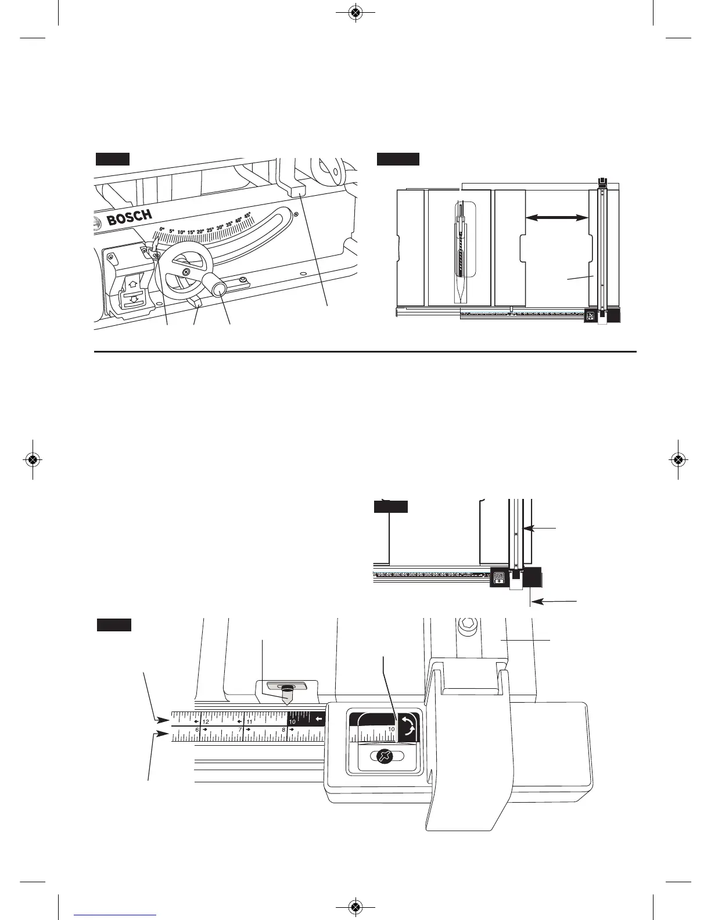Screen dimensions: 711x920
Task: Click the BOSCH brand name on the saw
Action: [x=130, y=218]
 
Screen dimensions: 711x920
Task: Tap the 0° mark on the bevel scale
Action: [x=162, y=229]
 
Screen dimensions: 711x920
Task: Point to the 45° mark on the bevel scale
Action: [x=247, y=215]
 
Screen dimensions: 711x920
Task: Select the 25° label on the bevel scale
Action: [x=210, y=229]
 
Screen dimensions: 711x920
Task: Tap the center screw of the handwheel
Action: [x=185, y=271]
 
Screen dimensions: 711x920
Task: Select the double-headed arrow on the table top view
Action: [x=556, y=217]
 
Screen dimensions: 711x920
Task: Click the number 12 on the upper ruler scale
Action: [x=206, y=721]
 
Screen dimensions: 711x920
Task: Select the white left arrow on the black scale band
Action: [x=318, y=720]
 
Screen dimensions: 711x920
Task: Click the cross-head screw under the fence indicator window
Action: [x=383, y=756]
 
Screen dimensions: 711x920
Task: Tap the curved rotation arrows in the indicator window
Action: [x=409, y=727]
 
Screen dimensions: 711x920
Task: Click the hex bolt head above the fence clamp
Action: [x=467, y=627]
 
